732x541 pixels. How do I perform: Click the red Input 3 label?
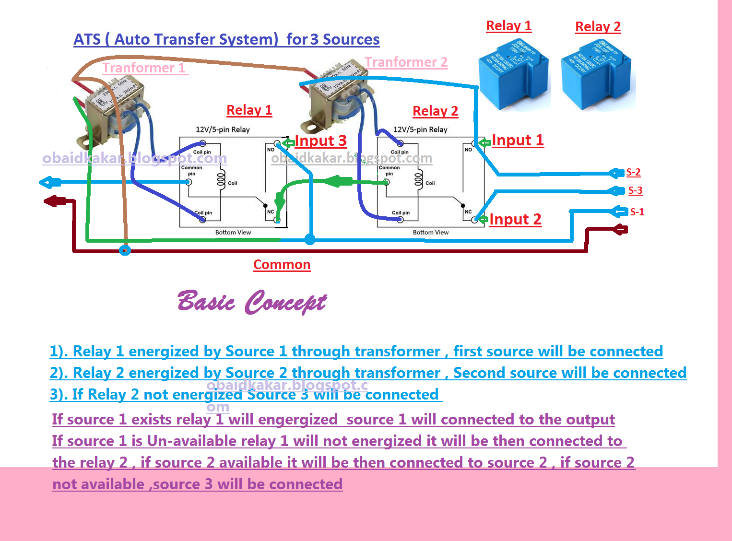(320, 141)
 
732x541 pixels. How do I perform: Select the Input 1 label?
(518, 140)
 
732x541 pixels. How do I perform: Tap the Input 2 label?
(515, 219)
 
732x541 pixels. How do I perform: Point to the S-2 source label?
(633, 172)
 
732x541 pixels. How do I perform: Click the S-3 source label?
(635, 190)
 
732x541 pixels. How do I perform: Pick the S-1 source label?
(637, 212)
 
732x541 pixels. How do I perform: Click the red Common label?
(282, 265)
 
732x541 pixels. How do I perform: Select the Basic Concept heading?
(252, 302)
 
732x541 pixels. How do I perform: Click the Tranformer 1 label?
(144, 68)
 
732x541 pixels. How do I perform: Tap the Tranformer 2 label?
(406, 62)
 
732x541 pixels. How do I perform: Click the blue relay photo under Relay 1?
(513, 74)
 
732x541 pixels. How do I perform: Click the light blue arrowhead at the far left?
(48, 182)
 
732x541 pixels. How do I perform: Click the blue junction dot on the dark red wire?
(125, 250)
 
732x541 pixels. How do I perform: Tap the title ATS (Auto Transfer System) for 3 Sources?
(226, 39)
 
